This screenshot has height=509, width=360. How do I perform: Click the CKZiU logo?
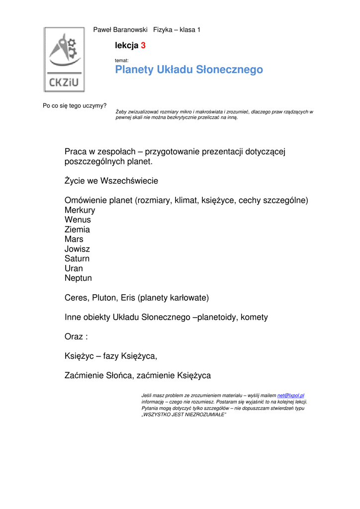64,59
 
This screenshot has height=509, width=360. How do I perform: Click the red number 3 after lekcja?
143,46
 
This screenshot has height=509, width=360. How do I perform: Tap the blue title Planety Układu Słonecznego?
189,70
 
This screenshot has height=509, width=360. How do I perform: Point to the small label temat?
122,60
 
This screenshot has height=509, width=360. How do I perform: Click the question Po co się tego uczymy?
75,105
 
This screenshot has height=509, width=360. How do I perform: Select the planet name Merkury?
80,210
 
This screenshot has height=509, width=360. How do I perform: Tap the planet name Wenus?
78,220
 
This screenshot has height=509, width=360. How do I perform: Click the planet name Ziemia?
77,230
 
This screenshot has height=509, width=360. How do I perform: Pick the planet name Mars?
74,239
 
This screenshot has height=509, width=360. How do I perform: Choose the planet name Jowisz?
77,249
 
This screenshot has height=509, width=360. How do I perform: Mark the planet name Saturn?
77,258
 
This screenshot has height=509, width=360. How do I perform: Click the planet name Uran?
74,268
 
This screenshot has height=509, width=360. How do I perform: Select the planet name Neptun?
78,278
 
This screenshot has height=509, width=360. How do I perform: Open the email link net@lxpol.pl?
291,395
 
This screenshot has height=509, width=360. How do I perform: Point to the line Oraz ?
76,337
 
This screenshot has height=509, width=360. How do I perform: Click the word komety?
254,317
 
